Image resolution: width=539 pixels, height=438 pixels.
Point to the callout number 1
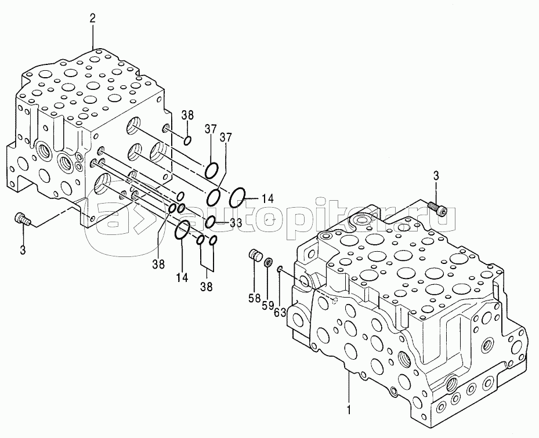(349, 410)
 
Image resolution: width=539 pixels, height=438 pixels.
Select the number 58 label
(254, 298)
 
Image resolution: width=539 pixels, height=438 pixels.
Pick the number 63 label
(280, 313)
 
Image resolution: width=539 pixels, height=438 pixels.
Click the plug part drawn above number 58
(254, 255)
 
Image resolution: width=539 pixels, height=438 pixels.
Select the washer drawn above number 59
(268, 263)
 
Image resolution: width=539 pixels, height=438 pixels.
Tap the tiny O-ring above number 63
(280, 269)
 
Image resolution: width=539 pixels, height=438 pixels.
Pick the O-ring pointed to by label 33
(211, 221)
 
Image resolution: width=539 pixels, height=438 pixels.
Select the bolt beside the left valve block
(21, 219)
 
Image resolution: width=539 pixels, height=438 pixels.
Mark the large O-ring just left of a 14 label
(238, 198)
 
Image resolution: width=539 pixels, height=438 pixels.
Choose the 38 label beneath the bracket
(206, 286)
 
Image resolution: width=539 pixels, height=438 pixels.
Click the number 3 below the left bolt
(23, 249)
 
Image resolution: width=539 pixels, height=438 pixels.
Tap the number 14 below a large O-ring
(182, 277)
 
